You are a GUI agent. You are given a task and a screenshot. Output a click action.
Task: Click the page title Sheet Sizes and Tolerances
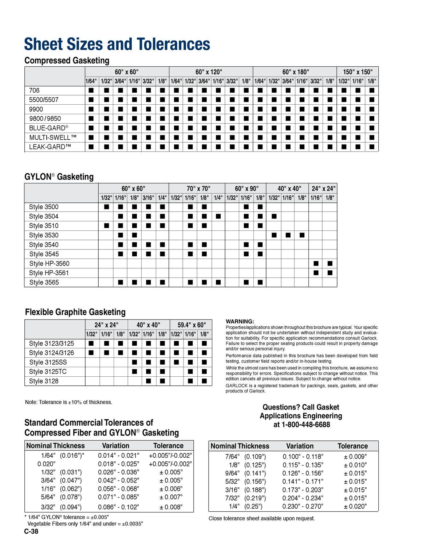117,44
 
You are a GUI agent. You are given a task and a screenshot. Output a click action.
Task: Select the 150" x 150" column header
358,72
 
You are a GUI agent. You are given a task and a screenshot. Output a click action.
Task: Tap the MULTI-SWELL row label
53,137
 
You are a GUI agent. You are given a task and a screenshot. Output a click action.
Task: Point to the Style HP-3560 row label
49,264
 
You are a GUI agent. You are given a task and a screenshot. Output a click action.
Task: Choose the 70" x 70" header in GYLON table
198,189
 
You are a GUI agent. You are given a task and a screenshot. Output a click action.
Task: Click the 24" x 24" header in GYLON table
323,189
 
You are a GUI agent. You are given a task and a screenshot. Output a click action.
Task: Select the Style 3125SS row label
48,362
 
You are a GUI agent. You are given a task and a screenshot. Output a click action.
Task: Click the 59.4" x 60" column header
192,325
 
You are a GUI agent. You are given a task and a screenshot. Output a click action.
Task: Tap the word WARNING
240,322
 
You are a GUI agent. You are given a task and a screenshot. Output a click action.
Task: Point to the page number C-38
31,531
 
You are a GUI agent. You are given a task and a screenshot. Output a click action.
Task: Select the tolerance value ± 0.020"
355,506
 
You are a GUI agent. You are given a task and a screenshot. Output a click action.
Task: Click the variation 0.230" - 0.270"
303,506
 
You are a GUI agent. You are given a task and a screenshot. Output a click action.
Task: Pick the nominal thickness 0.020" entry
46,464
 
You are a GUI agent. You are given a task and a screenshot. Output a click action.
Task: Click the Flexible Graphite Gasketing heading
75,312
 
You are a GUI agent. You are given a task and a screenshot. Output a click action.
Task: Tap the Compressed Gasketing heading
67,61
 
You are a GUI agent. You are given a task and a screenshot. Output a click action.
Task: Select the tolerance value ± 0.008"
171,507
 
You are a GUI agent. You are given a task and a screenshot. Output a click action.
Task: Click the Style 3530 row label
44,236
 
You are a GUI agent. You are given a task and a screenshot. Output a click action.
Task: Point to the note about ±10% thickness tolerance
68,402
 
